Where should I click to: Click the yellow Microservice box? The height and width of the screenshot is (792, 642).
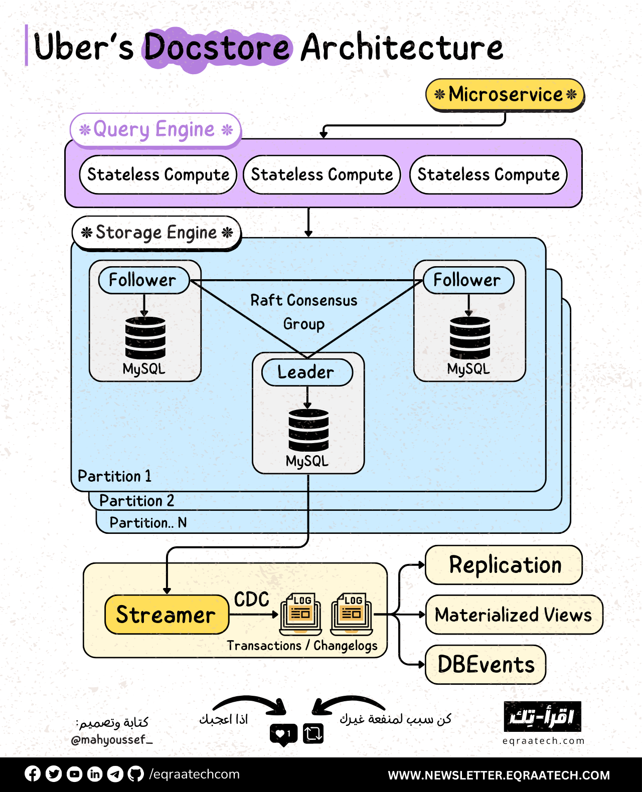click(x=505, y=94)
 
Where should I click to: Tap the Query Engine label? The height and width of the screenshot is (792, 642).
click(x=156, y=130)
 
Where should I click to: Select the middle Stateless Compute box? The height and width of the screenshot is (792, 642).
click(x=322, y=174)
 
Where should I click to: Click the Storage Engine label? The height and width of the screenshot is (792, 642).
click(x=156, y=233)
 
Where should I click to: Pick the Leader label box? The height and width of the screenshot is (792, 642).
click(x=307, y=372)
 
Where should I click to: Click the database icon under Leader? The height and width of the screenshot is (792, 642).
click(x=308, y=430)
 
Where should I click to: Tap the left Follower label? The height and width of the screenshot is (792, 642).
click(x=143, y=280)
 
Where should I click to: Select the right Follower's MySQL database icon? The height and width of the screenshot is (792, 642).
click(x=469, y=337)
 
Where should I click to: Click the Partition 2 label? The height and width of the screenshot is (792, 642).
click(x=136, y=501)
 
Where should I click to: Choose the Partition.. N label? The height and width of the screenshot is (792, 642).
click(x=148, y=523)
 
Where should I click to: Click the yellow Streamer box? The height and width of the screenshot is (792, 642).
click(x=166, y=615)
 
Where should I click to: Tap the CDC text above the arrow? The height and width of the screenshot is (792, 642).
click(x=251, y=600)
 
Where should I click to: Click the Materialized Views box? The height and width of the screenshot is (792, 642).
click(x=513, y=615)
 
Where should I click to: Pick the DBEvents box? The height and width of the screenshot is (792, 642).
click(x=486, y=665)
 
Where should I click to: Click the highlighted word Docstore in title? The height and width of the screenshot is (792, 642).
click(x=217, y=48)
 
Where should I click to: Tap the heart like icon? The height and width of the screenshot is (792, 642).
click(x=283, y=734)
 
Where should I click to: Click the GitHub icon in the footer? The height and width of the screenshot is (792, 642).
click(x=135, y=774)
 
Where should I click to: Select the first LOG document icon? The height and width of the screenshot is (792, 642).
click(x=300, y=612)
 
